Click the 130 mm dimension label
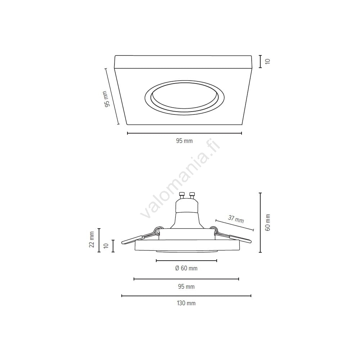point(186,303)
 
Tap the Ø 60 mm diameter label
point(186,268)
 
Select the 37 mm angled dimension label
point(236,219)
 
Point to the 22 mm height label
point(92,239)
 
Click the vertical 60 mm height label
point(268,222)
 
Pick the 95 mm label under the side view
point(186,287)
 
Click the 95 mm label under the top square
point(184,141)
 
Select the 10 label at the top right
point(268,61)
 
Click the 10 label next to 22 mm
point(106,246)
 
